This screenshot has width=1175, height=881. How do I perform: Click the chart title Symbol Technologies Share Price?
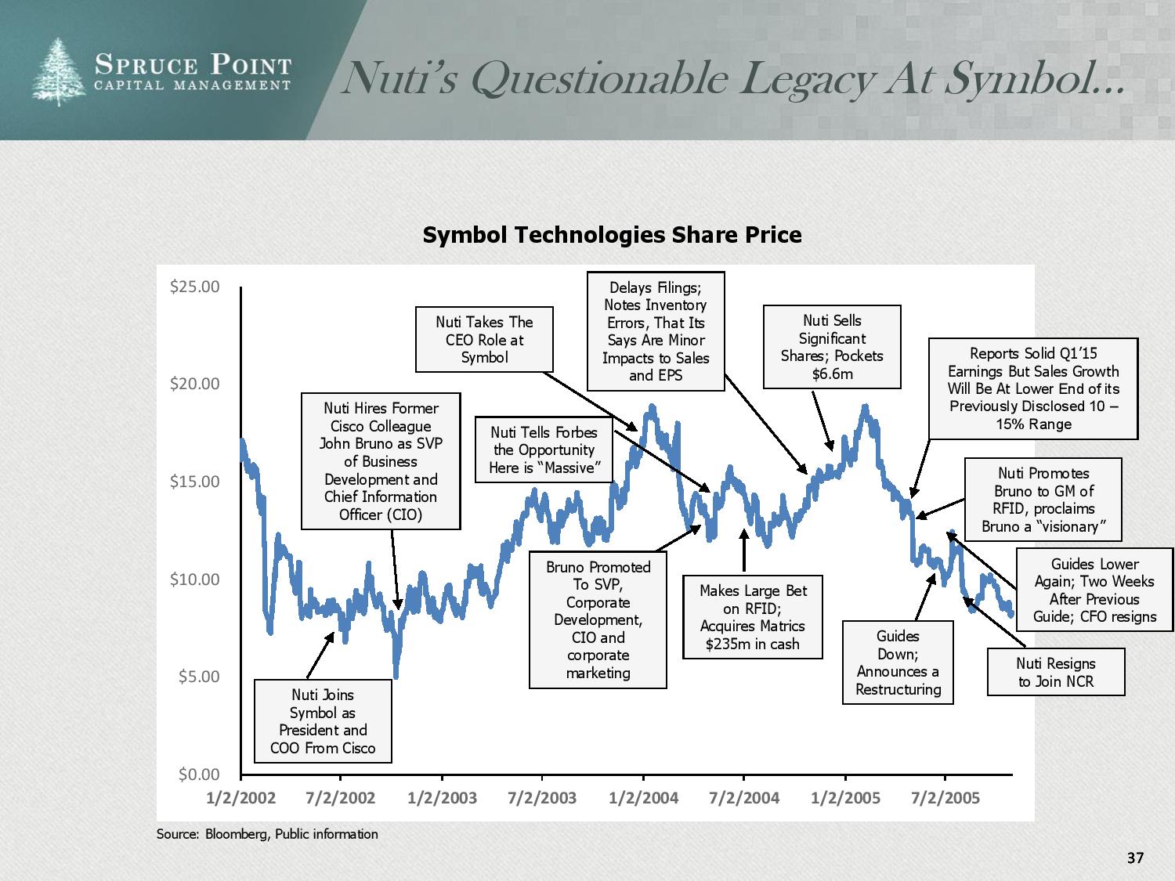tap(612, 235)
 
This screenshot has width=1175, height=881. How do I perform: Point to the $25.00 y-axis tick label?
tap(195, 287)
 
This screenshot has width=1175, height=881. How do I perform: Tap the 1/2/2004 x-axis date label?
tap(643, 798)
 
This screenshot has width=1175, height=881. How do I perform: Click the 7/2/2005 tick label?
tap(945, 798)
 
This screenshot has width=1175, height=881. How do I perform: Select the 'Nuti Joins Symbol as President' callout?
tap(323, 721)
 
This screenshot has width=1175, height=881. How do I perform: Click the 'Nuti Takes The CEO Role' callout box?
tap(484, 339)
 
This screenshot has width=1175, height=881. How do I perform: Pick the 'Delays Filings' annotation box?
tap(656, 331)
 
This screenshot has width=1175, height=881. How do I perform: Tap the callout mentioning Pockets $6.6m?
tap(832, 347)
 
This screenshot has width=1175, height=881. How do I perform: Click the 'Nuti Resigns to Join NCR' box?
tap(1055, 673)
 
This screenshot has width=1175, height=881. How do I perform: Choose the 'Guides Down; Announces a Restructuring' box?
tap(898, 663)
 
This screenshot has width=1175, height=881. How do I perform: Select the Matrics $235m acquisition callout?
tap(752, 617)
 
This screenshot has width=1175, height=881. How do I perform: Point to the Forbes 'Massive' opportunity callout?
tap(544, 450)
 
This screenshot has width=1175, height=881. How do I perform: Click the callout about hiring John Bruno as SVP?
tap(381, 461)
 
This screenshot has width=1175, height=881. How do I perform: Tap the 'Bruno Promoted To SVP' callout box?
tap(598, 619)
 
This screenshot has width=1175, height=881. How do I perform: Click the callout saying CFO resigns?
tap(1094, 590)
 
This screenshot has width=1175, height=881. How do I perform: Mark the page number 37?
tap(1135, 858)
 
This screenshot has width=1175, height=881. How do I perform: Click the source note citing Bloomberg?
tap(267, 834)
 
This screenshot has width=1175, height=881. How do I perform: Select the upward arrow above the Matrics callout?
tap(743, 550)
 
